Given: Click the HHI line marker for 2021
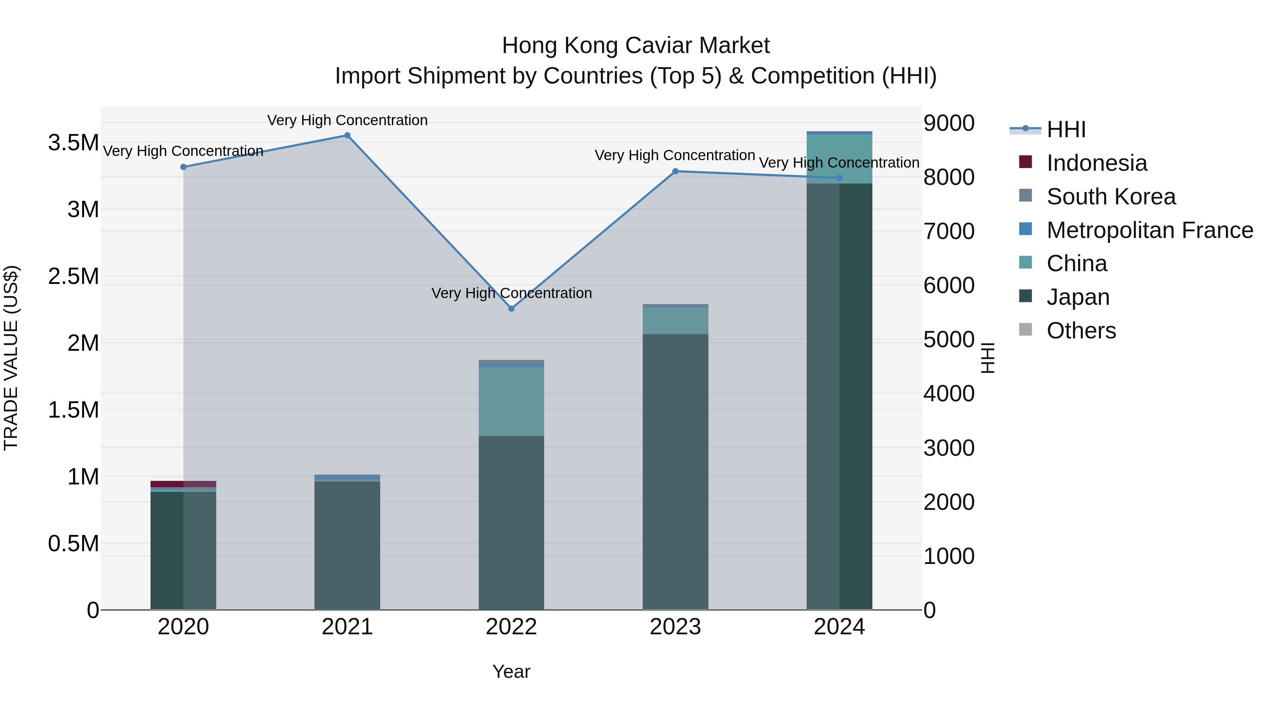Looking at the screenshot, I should click(x=347, y=135).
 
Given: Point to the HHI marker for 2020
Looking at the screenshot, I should click(x=183, y=167).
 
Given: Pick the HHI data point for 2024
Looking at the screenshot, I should click(x=840, y=178).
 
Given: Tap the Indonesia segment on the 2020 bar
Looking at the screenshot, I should click(x=183, y=484).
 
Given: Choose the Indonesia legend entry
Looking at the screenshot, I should click(x=1096, y=163).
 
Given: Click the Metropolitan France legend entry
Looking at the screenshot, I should click(x=1149, y=230).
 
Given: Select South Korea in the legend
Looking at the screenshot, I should click(x=1111, y=197).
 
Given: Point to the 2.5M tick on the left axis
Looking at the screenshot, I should click(x=73, y=276).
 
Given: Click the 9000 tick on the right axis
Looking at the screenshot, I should click(x=949, y=123).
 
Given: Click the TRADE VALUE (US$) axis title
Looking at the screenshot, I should click(x=11, y=358).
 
